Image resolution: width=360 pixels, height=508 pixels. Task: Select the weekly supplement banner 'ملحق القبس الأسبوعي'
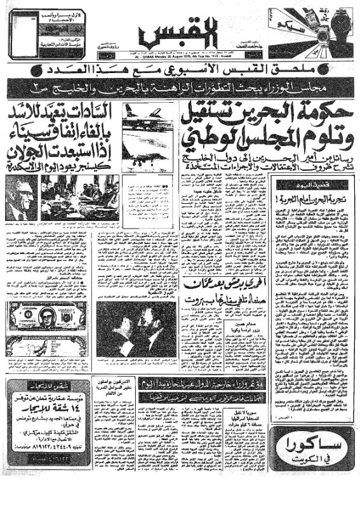click(178, 67)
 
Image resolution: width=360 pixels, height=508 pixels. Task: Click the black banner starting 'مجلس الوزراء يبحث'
click(180, 84)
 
